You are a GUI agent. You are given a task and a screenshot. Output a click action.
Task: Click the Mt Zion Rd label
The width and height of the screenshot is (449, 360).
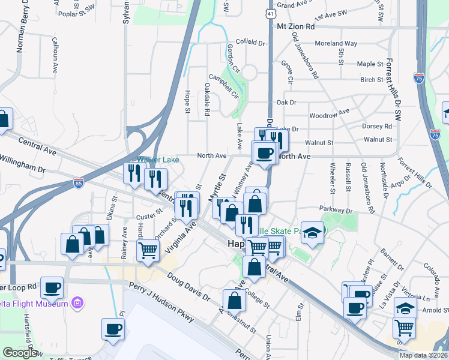(295, 27)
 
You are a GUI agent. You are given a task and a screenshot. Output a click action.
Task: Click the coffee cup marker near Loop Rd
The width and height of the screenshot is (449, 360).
(52, 287)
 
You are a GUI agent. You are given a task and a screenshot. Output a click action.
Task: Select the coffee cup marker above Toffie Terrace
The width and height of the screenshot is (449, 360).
(113, 328)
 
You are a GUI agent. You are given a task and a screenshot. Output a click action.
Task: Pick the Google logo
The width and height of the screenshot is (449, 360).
(20, 353)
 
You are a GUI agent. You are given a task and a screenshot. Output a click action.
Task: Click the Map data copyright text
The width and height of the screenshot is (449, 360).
(423, 355)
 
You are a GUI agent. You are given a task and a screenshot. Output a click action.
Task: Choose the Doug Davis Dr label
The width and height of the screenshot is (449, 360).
(190, 289)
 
